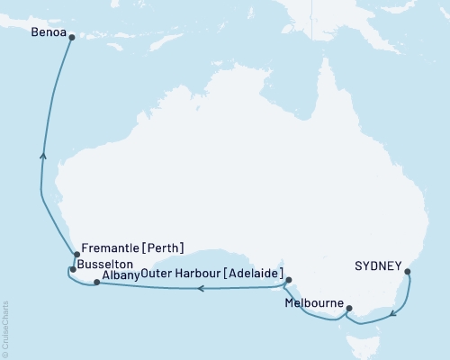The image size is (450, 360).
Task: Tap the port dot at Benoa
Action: point(71,37)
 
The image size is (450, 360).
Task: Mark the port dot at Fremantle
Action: point(76,255)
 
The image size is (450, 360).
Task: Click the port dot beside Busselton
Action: point(73,269)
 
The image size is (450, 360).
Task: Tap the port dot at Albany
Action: point(97,283)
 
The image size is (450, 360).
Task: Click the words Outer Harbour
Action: point(178,274)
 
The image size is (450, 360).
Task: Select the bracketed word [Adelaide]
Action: point(249,274)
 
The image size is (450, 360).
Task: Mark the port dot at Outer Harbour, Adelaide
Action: point(288,281)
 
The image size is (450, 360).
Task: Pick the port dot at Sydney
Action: point(408,271)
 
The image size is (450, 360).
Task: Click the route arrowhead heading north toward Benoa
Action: point(43,156)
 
